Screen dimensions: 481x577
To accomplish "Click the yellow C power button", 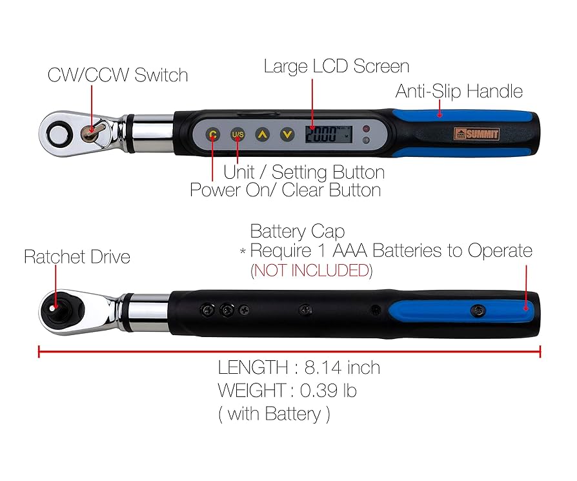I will [212, 135].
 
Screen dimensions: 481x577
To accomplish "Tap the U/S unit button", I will [237, 135].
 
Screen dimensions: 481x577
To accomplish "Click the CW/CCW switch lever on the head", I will [92, 129].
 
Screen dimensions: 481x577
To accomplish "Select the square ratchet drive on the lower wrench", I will [55, 307].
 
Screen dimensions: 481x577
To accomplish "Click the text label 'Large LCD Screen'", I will [336, 67].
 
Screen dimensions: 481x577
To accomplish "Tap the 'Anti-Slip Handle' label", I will [459, 92].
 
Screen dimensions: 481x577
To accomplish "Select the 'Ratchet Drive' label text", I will [77, 257].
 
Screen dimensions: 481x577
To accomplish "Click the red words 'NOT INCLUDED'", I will [311, 271].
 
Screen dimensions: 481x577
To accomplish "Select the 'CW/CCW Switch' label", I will [117, 75].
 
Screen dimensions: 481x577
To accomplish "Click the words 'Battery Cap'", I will [297, 231].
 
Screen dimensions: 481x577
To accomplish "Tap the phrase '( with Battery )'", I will [274, 414].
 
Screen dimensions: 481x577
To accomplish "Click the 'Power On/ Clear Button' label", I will [285, 190].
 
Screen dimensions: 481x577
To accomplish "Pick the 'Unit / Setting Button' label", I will [304, 172].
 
